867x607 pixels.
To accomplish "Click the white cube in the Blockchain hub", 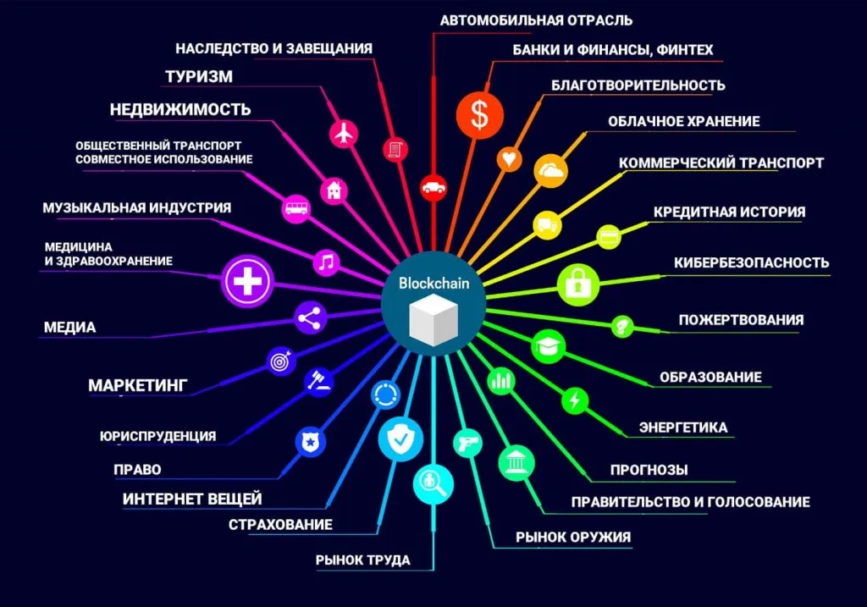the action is coord(434,320).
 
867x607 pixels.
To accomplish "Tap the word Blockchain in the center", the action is coord(434,283).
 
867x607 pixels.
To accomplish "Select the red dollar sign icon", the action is coord(479,115).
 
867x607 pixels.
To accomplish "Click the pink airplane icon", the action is coord(344,133).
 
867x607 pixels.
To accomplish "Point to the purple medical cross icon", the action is coord(247,281).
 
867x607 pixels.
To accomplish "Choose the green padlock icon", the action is coord(577,285).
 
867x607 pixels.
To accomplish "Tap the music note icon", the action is coord(326,262).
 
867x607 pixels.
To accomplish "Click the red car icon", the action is coord(433,187).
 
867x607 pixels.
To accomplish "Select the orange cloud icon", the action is coord(550,170).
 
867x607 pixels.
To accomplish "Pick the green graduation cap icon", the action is coord(549,346).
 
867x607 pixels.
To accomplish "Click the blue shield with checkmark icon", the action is coord(400,439).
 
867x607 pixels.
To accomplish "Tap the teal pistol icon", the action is coord(467,443).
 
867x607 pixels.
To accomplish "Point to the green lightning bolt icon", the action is coord(575,400).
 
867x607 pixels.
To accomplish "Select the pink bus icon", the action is coord(296,208).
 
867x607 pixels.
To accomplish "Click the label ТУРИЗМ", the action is coord(199,76).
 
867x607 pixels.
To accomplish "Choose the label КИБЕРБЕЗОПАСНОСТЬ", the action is coord(752,262).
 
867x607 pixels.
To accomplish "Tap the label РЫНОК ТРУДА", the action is coord(362,560).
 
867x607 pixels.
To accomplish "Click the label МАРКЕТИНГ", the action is coord(138,385).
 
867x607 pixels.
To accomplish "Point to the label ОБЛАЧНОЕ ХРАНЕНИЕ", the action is coord(684,121).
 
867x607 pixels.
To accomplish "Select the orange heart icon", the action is coord(509,159).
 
